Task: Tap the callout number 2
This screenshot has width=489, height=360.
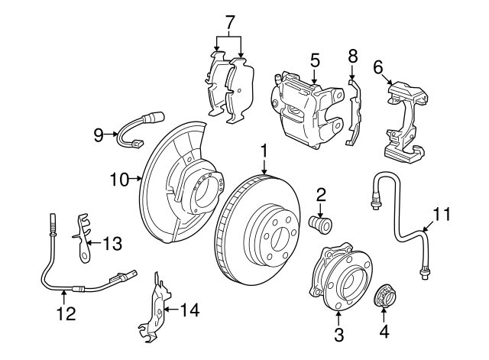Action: pyautogui.click(x=321, y=196)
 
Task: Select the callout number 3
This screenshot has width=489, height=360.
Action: pyautogui.click(x=339, y=333)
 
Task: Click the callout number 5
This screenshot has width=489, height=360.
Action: pyautogui.click(x=314, y=59)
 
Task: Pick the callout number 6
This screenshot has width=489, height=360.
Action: pyautogui.click(x=377, y=66)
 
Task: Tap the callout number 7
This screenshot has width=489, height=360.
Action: pyautogui.click(x=228, y=21)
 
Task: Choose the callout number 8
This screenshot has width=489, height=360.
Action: pyautogui.click(x=352, y=56)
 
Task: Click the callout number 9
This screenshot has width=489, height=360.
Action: pyautogui.click(x=99, y=135)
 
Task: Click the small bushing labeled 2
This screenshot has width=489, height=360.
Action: pyautogui.click(x=319, y=224)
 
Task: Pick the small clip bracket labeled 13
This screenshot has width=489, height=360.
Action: pyautogui.click(x=81, y=233)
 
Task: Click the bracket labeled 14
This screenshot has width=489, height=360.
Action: pyautogui.click(x=157, y=310)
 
